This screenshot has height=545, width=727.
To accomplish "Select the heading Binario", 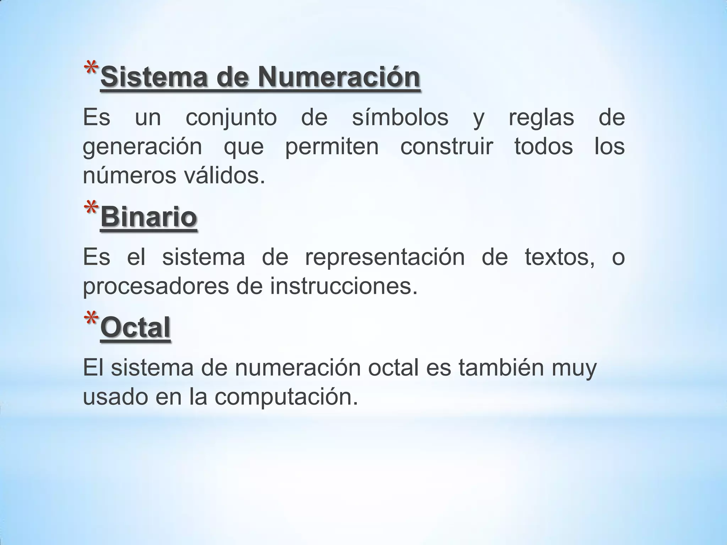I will tap(149, 217).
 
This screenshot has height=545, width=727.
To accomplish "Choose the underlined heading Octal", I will tap(135, 327).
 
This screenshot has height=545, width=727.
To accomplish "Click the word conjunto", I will tap(231, 118).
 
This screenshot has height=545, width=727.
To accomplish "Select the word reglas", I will tap(541, 118).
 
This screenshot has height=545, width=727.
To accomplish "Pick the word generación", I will tap(142, 147).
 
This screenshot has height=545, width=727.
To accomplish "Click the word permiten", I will tap(332, 147).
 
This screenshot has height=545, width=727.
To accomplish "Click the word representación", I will tap(385, 258).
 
